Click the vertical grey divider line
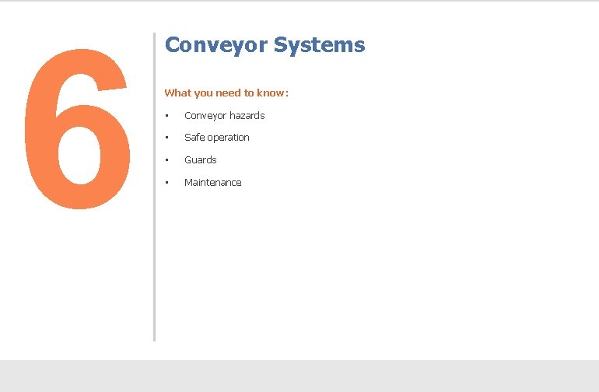[154, 187]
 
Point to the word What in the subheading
[177, 93]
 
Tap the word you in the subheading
[202, 93]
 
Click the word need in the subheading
[229, 93]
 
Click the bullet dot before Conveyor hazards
[166, 116]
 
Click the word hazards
[248, 116]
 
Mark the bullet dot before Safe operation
[166, 138]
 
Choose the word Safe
[194, 138]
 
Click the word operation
[229, 138]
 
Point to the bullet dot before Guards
[166, 160]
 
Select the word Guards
[201, 160]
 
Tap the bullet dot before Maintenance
[166, 183]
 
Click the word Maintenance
[213, 183]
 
